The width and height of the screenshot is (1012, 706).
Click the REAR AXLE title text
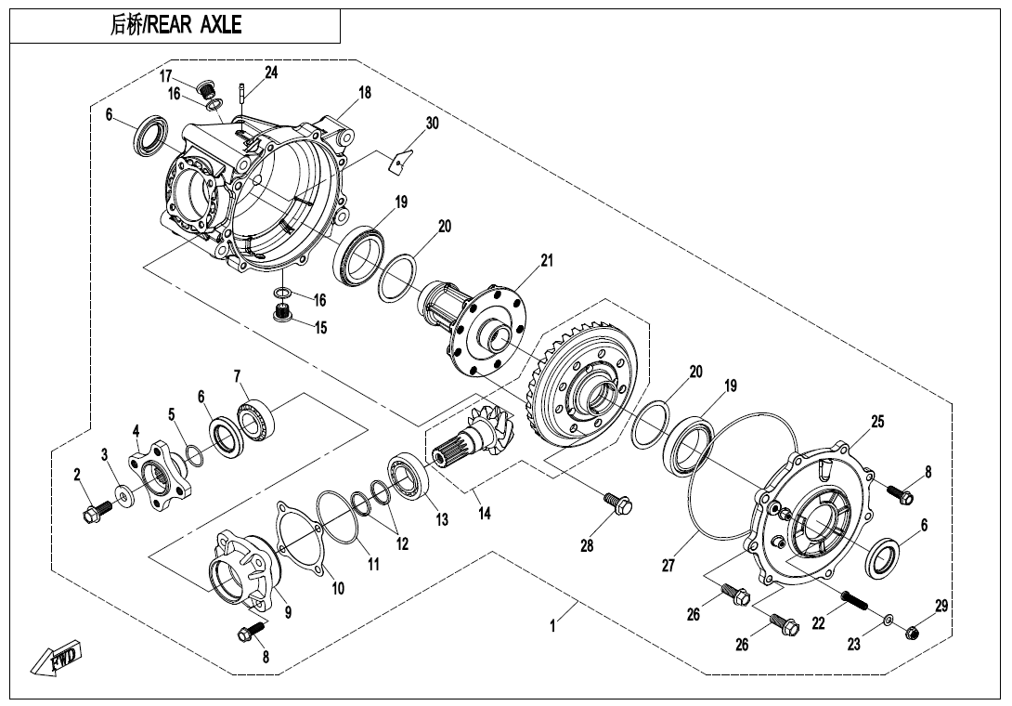pos(175,26)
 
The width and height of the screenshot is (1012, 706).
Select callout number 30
pos(432,123)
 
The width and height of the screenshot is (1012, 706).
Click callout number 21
pos(547,260)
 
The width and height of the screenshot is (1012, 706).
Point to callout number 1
pos(553,626)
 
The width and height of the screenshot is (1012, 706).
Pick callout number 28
pos(587,546)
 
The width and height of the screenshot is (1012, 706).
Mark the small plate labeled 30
pos(399,159)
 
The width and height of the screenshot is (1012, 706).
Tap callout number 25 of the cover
pos(876,422)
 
